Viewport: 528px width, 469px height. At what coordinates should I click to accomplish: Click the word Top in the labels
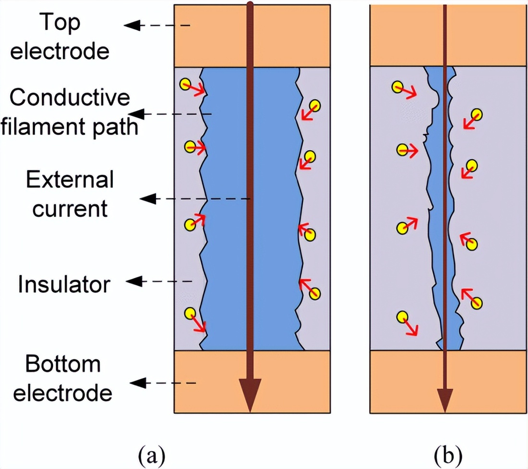click(x=60, y=23)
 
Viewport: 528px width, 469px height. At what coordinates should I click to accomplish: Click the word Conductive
click(x=70, y=98)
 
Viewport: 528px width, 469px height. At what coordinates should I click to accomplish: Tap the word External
click(x=70, y=180)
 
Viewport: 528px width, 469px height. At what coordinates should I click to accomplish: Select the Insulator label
click(x=64, y=284)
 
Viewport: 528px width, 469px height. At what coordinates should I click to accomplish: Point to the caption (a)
click(x=152, y=453)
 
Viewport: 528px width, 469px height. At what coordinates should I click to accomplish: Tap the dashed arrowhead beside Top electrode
click(x=132, y=25)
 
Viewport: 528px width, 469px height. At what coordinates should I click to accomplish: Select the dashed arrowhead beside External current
click(x=146, y=198)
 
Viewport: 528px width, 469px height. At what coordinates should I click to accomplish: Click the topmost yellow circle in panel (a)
click(x=185, y=85)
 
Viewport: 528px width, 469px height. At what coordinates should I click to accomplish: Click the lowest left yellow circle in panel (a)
click(x=190, y=314)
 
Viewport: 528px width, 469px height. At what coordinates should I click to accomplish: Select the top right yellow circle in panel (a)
click(x=315, y=105)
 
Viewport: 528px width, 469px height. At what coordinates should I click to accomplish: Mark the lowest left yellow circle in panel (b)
click(x=402, y=317)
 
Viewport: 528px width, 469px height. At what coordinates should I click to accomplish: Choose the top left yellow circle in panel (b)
click(x=397, y=87)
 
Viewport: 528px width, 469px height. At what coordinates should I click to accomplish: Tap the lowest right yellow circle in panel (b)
click(x=476, y=303)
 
